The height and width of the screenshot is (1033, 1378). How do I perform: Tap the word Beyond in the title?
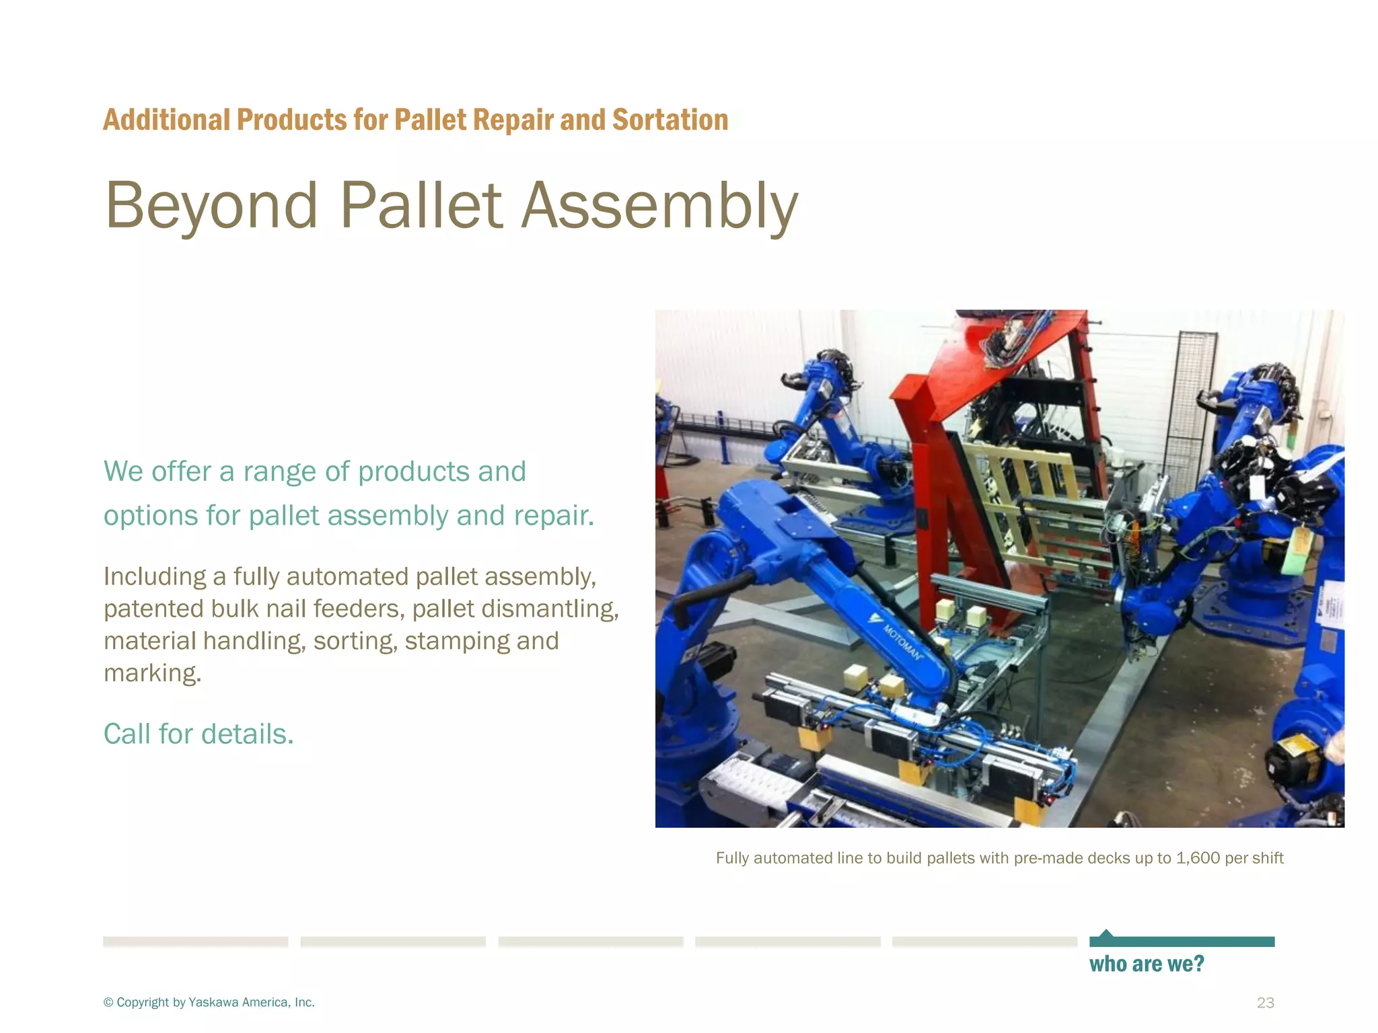point(211,206)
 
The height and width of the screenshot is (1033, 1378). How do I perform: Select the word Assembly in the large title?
point(660,206)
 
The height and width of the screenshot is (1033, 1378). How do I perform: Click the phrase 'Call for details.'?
point(198,734)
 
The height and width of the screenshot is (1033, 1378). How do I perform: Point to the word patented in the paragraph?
point(153,609)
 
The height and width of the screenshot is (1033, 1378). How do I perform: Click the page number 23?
point(1265,1003)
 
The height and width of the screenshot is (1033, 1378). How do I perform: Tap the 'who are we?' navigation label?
point(1147,964)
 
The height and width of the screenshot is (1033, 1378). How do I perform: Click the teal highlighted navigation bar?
point(1182,942)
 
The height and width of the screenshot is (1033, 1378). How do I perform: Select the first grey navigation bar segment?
point(195,942)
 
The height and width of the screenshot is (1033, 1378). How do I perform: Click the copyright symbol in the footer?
point(108,1003)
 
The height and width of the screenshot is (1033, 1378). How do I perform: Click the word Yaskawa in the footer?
point(213,1003)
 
